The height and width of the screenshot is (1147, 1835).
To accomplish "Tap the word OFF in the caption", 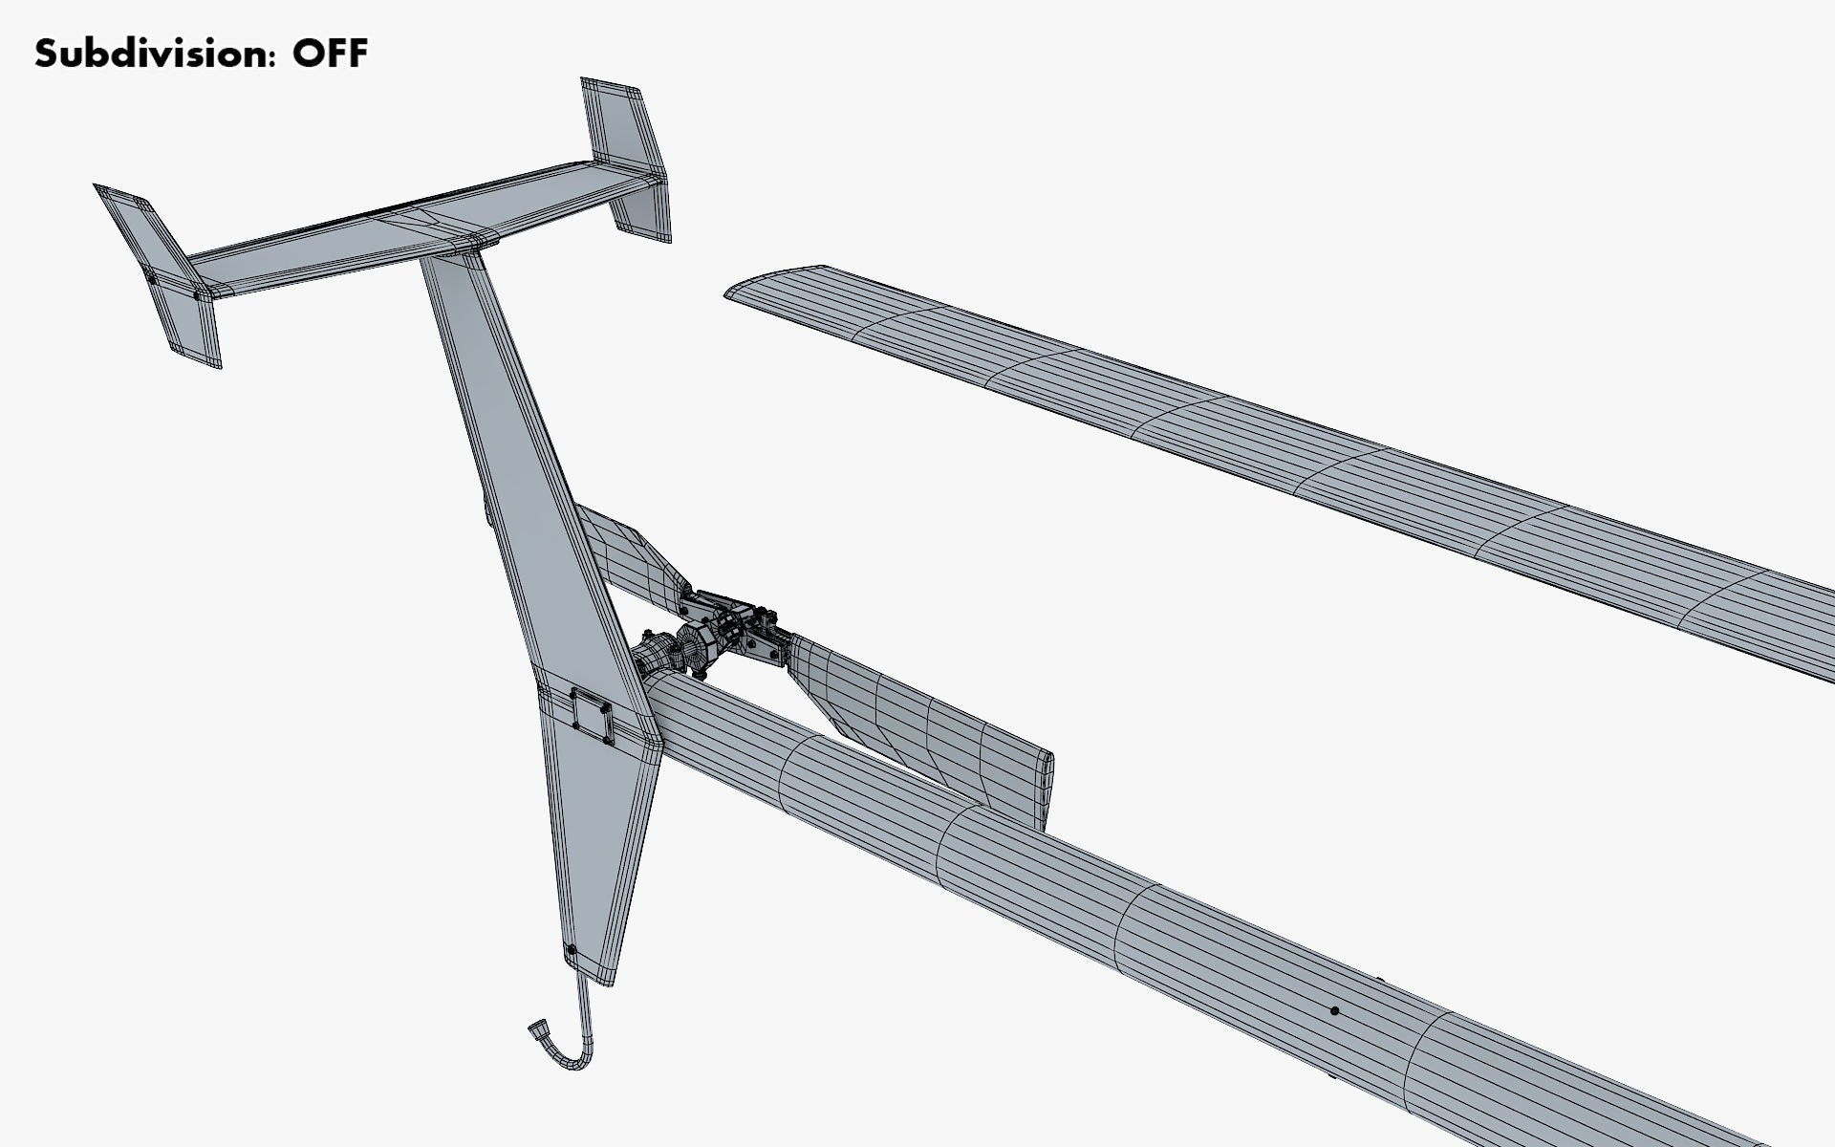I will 330,54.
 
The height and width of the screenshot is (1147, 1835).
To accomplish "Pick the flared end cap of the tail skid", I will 538,1031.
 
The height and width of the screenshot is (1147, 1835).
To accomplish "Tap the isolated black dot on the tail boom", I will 1334,1010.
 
